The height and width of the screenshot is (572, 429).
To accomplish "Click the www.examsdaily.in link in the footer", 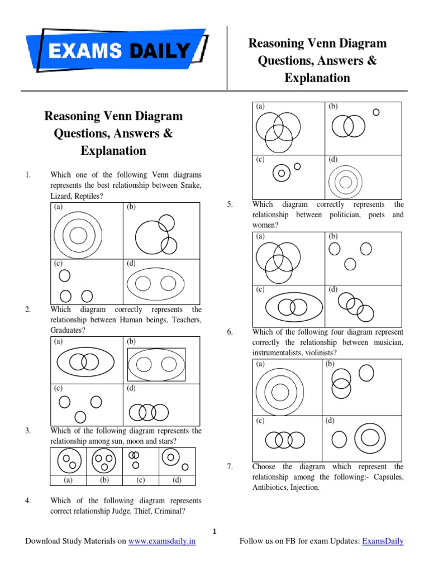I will (x=162, y=541).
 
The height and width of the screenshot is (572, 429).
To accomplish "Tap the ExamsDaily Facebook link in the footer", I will (x=383, y=541).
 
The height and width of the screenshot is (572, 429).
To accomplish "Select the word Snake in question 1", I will (x=190, y=185).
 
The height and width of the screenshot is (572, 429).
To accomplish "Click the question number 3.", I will (x=27, y=431).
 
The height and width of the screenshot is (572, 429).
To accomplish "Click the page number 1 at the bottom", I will (x=214, y=532).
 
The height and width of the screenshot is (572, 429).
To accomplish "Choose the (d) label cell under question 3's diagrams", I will (x=177, y=480).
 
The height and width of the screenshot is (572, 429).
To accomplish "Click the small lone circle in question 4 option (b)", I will (x=376, y=112).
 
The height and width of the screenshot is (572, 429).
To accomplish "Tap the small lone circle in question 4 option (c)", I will (x=297, y=166).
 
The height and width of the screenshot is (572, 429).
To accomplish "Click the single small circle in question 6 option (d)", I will (x=339, y=438).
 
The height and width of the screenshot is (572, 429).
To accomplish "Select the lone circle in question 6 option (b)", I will (x=366, y=373).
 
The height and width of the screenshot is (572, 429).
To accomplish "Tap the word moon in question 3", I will (x=148, y=442).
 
